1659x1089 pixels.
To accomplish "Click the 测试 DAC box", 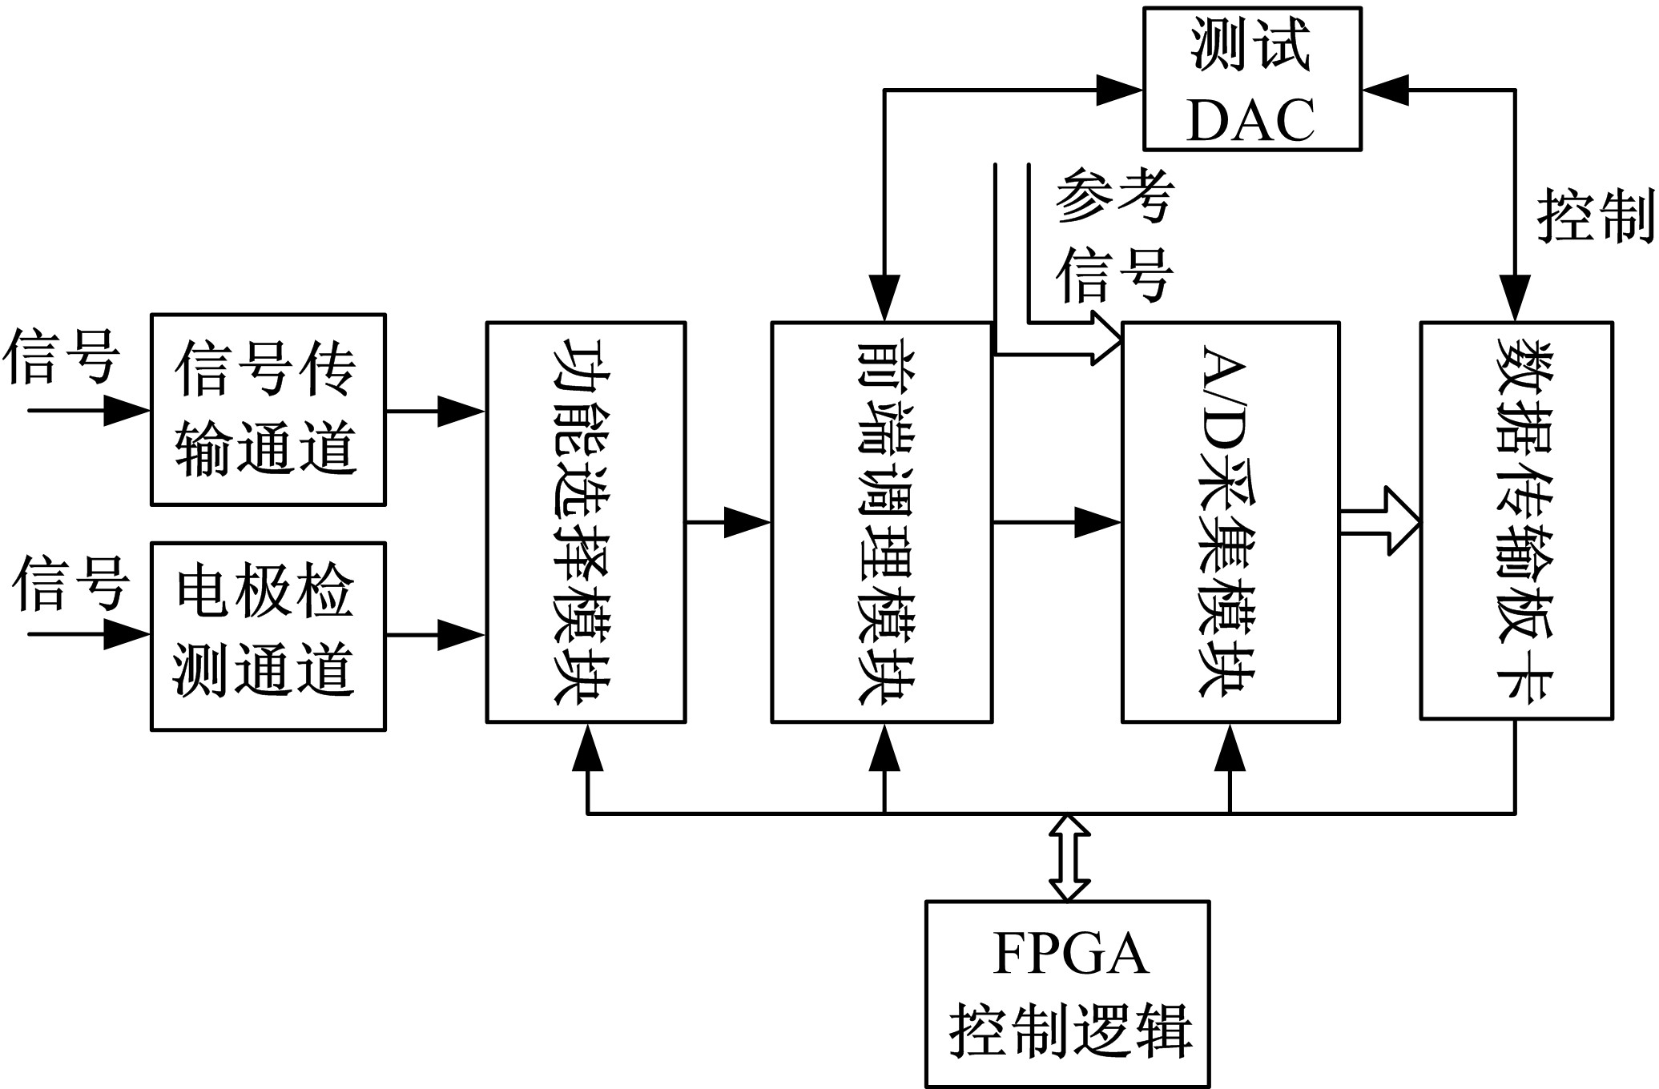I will tap(1251, 78).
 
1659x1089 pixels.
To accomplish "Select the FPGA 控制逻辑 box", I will tap(1067, 994).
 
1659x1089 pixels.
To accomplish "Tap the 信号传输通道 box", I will tap(268, 409).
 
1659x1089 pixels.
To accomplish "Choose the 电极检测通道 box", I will tap(268, 637).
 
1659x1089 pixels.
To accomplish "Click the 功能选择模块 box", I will tap(586, 522).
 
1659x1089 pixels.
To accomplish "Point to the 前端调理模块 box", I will tap(881, 522).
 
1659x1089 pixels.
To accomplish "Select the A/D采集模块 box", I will tap(1230, 522).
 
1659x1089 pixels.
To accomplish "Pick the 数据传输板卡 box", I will tap(1516, 520).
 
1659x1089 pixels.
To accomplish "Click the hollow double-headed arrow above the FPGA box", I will tap(1069, 857).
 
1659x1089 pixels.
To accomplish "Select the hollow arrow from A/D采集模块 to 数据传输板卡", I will tap(1379, 522).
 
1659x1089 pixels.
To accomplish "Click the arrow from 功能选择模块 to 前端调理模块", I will tap(727, 523).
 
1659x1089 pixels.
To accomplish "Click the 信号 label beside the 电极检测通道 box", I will tap(70, 583).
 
